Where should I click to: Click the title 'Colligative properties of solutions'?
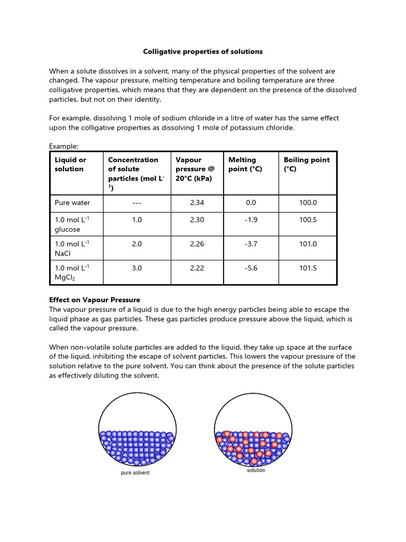tap(203, 52)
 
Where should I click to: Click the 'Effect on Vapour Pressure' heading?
tap(95, 300)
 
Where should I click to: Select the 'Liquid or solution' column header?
tap(71, 164)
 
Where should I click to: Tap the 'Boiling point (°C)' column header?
tap(307, 164)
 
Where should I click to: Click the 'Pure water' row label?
tap(72, 203)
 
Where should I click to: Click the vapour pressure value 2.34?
tap(197, 203)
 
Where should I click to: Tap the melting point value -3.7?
tap(251, 244)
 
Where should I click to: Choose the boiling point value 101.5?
tap(308, 268)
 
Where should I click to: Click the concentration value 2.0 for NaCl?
tap(137, 244)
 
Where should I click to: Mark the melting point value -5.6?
tap(251, 268)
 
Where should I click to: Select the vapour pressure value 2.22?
tap(197, 268)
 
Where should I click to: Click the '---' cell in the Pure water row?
tap(137, 203)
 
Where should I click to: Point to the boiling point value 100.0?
tap(308, 203)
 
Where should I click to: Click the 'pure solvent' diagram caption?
tap(135, 473)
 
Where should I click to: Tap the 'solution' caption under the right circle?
tap(256, 470)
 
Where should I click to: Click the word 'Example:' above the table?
tap(63, 146)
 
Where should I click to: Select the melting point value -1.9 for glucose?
tap(251, 220)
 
